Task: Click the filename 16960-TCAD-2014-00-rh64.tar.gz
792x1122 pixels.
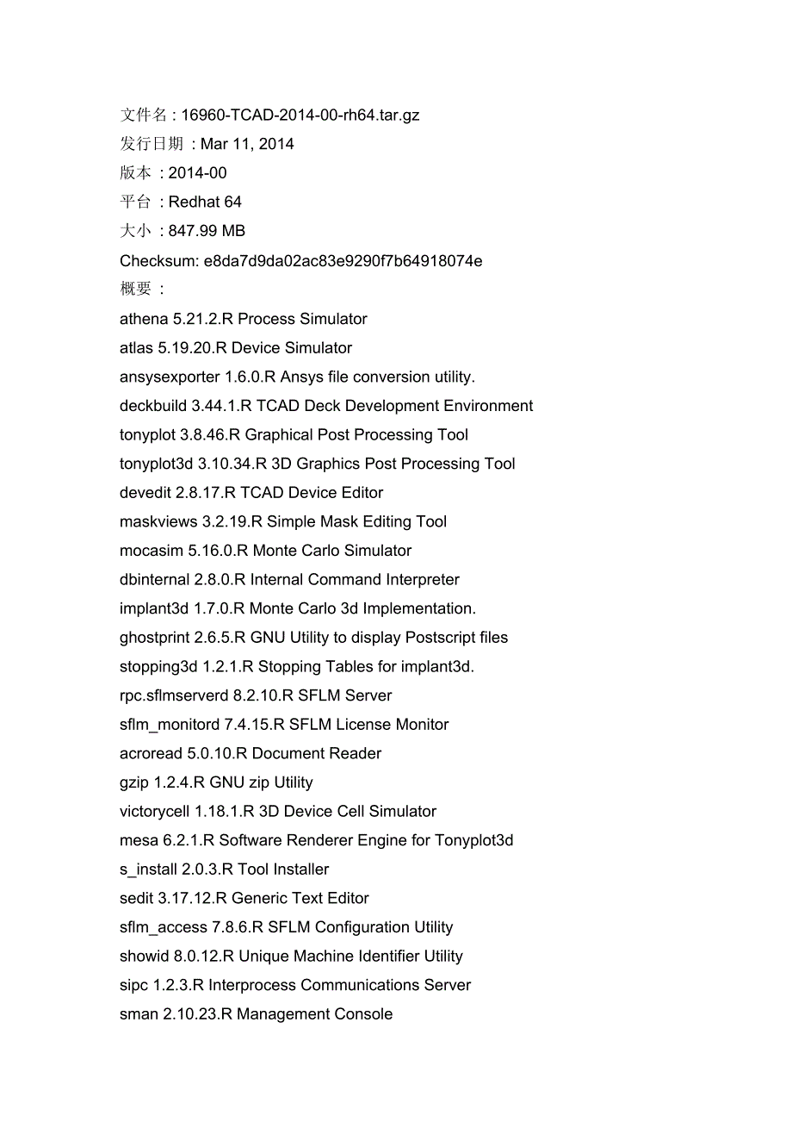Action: pos(300,115)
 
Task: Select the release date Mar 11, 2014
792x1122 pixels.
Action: pos(247,144)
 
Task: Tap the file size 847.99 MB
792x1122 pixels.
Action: pos(207,231)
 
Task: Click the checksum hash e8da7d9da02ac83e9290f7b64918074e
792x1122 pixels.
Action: pos(343,260)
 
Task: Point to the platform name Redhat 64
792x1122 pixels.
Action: pos(205,203)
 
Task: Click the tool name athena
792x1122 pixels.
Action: pos(144,319)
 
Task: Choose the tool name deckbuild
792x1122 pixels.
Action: pos(153,406)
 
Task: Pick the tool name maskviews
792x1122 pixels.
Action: pos(158,521)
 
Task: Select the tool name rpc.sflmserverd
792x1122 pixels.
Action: pos(174,695)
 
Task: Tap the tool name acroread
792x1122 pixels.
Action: pos(151,753)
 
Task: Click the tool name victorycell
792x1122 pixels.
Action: pos(155,811)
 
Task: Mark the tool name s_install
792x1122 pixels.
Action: pos(148,870)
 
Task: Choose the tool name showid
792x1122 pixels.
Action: pos(144,957)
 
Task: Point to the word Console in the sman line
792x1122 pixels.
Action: pos(365,1014)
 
